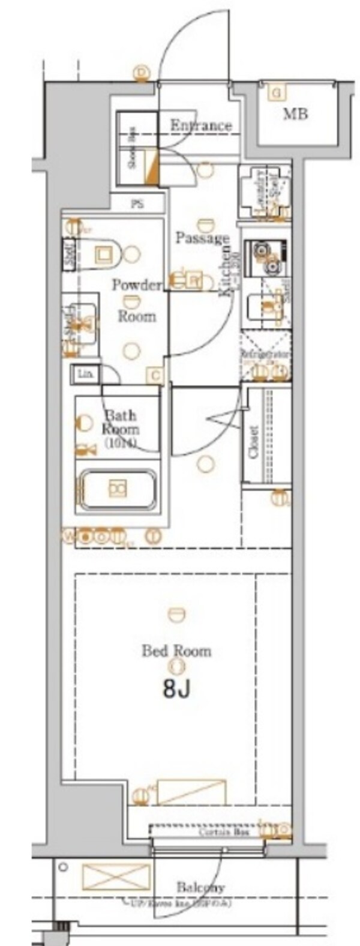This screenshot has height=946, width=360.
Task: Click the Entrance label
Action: click(200, 126)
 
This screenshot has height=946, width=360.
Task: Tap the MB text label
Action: click(295, 113)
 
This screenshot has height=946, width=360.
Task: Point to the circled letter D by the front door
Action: click(142, 73)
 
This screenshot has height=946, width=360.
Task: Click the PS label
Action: click(137, 204)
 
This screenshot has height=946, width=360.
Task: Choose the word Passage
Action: click(202, 238)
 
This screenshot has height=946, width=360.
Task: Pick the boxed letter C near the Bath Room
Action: click(155, 376)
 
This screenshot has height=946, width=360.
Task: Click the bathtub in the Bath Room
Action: click(117, 489)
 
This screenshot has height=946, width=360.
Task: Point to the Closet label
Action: click(253, 442)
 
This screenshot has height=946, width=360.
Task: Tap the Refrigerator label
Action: click(266, 355)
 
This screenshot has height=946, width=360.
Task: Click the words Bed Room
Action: click(176, 651)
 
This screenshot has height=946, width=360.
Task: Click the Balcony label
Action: click(200, 887)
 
